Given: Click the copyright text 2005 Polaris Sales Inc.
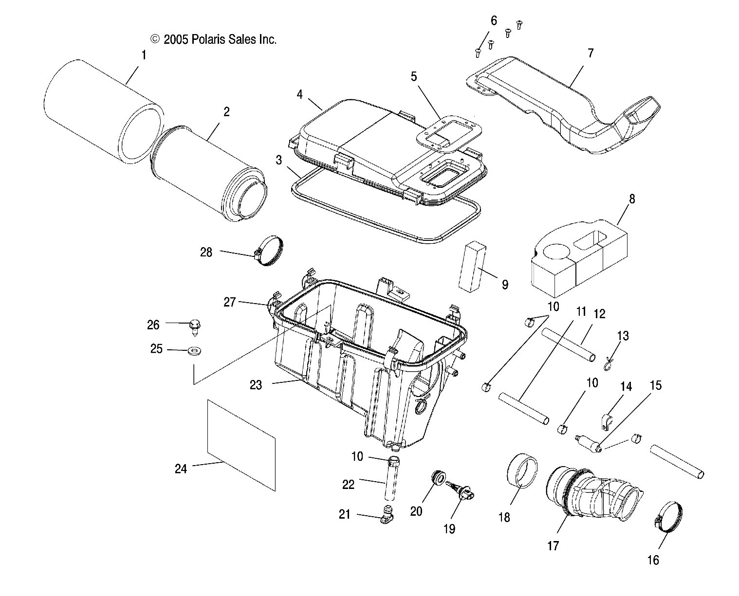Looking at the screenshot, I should click(x=214, y=39).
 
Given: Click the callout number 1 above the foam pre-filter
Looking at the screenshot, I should click(x=144, y=55).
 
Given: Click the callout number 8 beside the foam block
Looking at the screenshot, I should click(x=618, y=199).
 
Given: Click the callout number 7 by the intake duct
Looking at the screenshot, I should click(x=590, y=53).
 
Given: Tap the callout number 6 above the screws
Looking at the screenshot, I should click(x=494, y=21).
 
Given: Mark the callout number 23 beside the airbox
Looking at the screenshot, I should click(x=256, y=385).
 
